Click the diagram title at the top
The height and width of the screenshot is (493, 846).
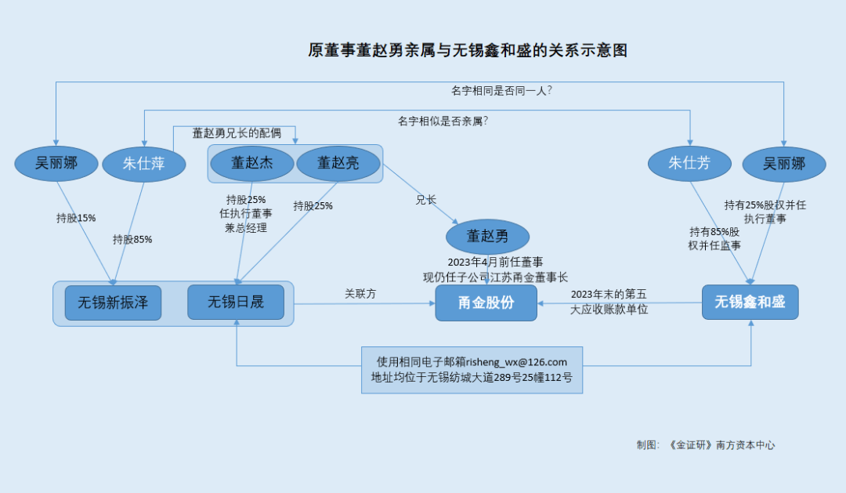[x=468, y=51]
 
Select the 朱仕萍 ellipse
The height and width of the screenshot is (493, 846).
[x=144, y=165]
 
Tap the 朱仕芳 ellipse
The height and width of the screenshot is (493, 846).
[x=689, y=164]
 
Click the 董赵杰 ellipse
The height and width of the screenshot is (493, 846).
[x=251, y=163]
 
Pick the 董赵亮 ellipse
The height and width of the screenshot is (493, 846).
[x=338, y=163]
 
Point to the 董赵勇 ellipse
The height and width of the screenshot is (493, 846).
[x=487, y=236]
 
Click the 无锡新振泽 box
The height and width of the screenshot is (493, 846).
[x=113, y=303]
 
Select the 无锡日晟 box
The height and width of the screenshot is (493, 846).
[x=236, y=303]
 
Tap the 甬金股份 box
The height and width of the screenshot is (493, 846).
[x=486, y=303]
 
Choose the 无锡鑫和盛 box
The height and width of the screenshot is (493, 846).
[x=750, y=302]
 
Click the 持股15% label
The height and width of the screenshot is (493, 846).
[x=76, y=218]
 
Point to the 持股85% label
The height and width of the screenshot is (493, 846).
[x=132, y=239]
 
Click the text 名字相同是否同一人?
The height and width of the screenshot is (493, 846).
[x=502, y=90]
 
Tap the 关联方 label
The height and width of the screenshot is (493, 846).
[x=360, y=293]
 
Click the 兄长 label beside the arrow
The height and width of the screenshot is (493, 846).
[x=425, y=200]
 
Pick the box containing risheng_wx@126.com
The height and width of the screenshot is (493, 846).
[x=472, y=370]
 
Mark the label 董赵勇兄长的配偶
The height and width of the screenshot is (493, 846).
[x=237, y=133]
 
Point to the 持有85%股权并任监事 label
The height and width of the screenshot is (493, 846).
[x=714, y=238]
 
